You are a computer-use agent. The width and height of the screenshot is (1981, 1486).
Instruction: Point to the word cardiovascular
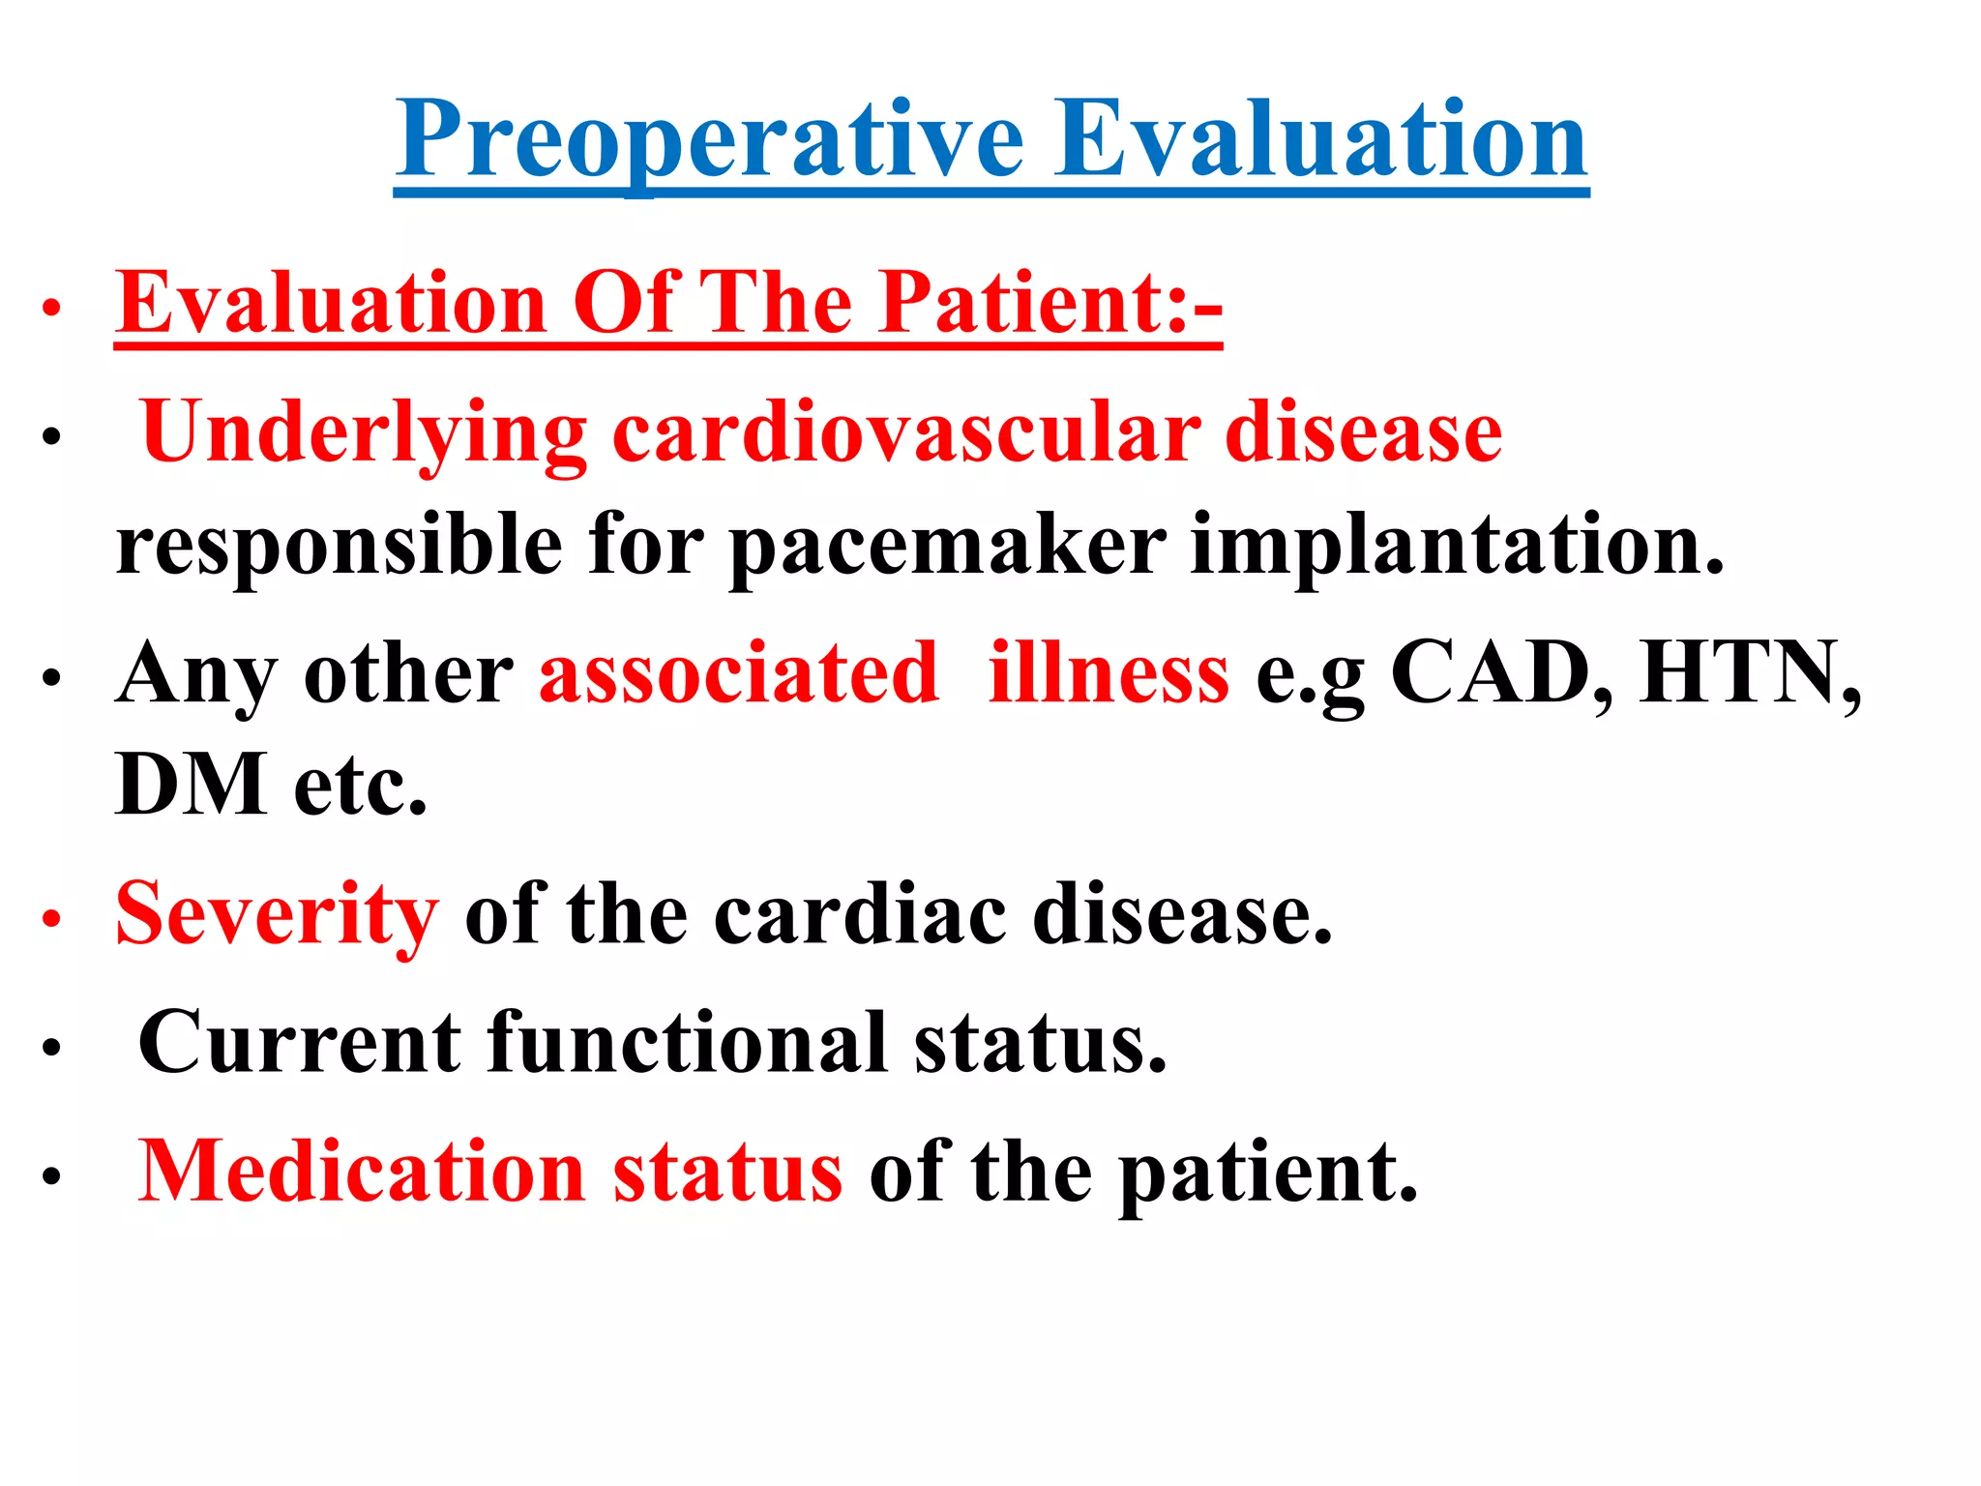tap(906, 432)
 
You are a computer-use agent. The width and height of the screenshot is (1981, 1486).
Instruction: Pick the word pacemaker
tap(947, 546)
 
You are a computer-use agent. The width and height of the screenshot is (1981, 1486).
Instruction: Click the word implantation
tap(1457, 546)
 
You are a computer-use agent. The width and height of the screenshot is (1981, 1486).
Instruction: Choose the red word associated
tap(738, 673)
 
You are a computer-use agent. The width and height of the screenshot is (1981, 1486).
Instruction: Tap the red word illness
tap(1109, 673)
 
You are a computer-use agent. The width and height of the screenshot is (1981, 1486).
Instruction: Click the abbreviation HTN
tap(1749, 673)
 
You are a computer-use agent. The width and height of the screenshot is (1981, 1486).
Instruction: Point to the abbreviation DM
tap(191, 785)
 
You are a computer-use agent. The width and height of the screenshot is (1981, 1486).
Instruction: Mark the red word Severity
tap(277, 914)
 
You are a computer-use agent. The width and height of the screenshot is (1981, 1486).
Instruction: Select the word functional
tap(688, 1043)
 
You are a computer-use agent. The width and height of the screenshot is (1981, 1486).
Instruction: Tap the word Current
tap(300, 1043)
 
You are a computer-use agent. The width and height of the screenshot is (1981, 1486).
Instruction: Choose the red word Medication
tap(361, 1172)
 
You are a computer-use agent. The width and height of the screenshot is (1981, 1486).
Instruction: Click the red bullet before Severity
tap(51, 919)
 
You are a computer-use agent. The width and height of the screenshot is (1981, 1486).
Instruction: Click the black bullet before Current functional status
tap(51, 1048)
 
